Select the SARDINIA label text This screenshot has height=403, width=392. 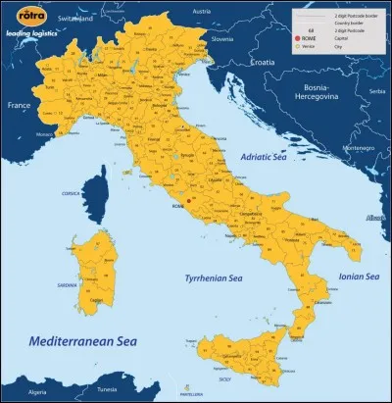68,284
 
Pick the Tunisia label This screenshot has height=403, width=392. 125,391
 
